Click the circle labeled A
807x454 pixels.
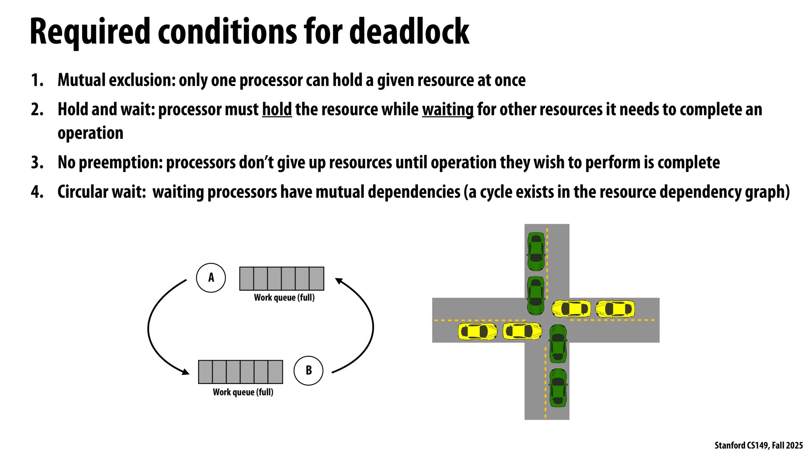211,278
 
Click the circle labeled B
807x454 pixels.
308,370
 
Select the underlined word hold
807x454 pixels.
277,109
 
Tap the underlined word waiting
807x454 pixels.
448,109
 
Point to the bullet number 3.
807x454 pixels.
37,163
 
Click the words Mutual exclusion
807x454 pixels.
116,80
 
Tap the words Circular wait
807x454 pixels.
101,192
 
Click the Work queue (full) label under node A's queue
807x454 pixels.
284,297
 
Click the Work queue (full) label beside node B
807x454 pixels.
243,392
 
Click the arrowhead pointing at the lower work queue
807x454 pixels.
185,372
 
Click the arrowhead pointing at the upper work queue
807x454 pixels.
339,281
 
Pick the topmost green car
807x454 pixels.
536,252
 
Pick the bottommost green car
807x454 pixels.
558,387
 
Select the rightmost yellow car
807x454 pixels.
615,308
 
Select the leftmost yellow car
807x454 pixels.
477,331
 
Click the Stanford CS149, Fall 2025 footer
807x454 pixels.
758,445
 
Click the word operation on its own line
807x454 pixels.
90,133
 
